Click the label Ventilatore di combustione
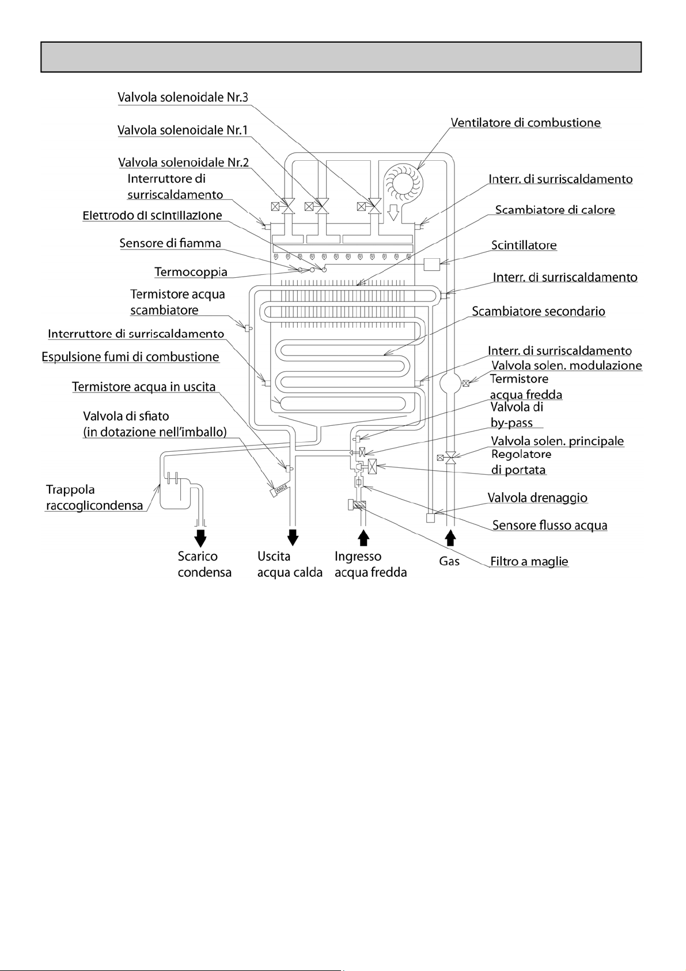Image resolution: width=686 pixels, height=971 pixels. tap(525, 123)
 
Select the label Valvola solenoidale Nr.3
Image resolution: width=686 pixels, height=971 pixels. tap(183, 97)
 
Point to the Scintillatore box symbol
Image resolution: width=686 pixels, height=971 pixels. tap(431, 264)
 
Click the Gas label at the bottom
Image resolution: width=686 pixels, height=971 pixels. tap(449, 561)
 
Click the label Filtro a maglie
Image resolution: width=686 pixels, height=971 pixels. tap(529, 561)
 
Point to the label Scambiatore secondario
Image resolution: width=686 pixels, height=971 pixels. tap(539, 312)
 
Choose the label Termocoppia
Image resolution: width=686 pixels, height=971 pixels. tap(191, 271)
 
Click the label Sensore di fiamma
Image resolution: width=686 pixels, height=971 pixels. tap(170, 243)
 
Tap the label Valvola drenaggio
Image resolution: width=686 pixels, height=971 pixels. tap(537, 497)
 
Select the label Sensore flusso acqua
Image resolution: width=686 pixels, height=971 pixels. tap(549, 526)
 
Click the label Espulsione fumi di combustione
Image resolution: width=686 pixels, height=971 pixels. tap(130, 357)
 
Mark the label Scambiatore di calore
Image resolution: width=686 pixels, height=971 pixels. tap(555, 210)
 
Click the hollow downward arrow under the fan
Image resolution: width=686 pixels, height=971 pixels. tap(394, 213)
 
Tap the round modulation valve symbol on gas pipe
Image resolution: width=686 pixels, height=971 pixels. tap(450, 382)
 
